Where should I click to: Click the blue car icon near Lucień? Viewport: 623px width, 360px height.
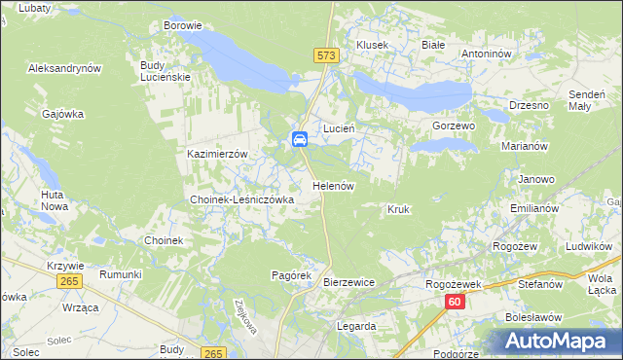300,139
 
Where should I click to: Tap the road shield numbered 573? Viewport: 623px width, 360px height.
327,56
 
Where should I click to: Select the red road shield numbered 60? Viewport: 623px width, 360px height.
456,303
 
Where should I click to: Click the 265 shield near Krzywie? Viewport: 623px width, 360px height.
68,280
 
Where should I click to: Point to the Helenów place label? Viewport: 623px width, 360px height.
332,185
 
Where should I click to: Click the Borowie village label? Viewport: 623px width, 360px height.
183,25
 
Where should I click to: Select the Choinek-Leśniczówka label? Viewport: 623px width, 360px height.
241,199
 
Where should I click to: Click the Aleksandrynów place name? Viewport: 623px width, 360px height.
66,69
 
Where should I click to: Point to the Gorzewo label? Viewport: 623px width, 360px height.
453,126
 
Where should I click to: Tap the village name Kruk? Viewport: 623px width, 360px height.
398,209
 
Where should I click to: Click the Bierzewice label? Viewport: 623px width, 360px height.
348,282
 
